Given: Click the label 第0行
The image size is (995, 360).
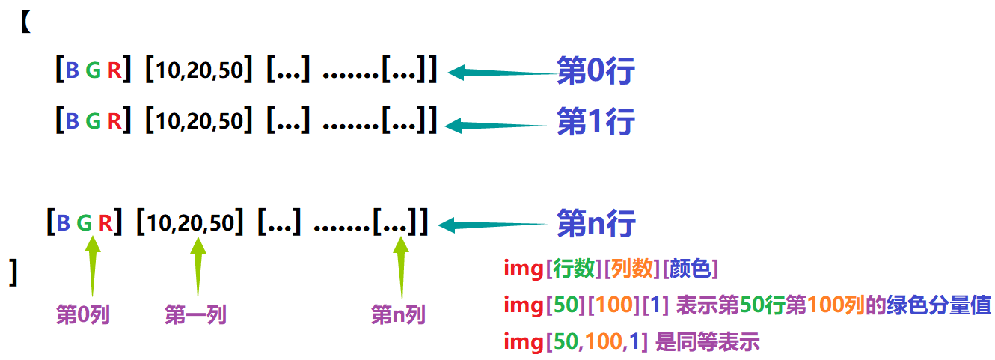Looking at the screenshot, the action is (x=596, y=73).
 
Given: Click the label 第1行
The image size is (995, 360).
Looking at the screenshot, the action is (x=596, y=122).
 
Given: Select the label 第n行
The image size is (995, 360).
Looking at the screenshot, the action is (x=596, y=223).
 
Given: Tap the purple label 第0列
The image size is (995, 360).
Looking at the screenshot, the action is (x=83, y=315).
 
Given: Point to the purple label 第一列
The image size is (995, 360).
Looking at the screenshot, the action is (x=195, y=315).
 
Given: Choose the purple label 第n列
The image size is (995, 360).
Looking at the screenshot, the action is (x=398, y=315).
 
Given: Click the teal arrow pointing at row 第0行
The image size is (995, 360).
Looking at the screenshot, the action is (x=501, y=73).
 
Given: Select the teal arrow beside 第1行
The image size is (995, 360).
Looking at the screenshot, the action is (x=501, y=123).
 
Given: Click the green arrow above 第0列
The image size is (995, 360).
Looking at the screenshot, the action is (x=93, y=266).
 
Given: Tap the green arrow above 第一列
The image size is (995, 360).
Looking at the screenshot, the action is (x=198, y=266).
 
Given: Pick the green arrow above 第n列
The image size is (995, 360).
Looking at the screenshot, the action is (x=402, y=266).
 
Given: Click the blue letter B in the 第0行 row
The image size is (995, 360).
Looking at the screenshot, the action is (x=73, y=72).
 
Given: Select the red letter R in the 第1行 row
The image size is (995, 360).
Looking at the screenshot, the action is (x=113, y=120).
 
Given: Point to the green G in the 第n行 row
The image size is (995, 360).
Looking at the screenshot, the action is (x=85, y=223).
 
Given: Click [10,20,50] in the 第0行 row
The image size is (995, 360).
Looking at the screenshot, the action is (x=198, y=72).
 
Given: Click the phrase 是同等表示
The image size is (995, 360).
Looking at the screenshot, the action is (x=707, y=343).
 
